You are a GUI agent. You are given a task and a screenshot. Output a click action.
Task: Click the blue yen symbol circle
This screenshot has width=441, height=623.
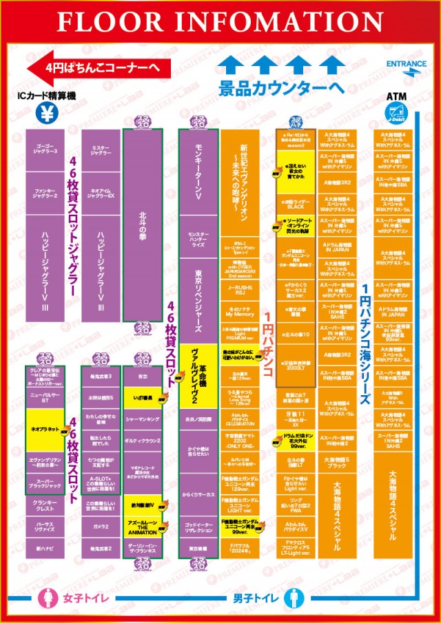tap(47, 114)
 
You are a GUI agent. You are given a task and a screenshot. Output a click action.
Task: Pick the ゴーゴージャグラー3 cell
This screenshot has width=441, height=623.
tap(46, 149)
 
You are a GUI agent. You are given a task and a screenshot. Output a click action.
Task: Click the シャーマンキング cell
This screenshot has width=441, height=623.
tap(143, 419)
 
